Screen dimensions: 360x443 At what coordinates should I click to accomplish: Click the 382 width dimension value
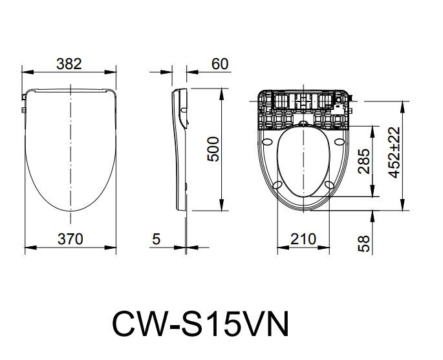69,63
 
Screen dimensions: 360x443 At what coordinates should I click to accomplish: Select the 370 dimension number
70,239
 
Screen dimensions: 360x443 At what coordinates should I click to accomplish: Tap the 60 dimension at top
220,63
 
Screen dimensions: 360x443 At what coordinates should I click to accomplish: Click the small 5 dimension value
155,239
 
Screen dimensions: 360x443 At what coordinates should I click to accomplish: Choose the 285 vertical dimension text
363,162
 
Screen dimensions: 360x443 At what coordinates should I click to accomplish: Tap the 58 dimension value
364,243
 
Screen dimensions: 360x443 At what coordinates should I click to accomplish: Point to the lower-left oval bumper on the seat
277,185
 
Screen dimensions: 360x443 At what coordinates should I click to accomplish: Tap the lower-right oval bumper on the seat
329,185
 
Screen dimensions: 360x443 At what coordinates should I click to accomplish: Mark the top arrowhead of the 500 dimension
223,89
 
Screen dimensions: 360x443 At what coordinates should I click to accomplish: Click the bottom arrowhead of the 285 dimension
373,195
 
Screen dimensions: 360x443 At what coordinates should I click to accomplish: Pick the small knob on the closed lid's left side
23,99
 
